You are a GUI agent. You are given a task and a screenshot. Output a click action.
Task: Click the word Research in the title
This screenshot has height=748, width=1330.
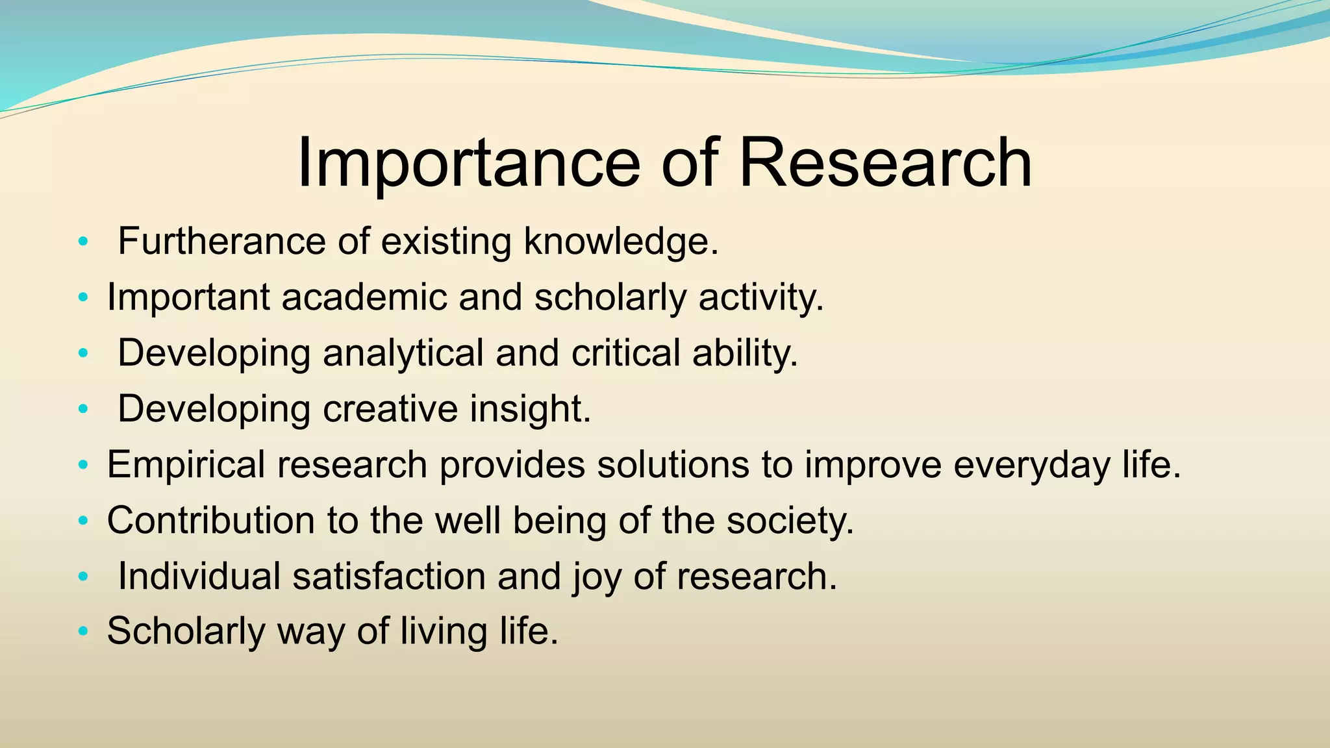click(x=885, y=164)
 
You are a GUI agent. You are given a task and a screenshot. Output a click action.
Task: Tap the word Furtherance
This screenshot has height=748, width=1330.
click(x=221, y=242)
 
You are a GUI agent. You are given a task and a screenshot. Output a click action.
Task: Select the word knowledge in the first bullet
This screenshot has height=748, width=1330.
click(x=621, y=242)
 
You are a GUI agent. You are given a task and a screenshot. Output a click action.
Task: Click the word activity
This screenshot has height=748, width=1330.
click(x=760, y=297)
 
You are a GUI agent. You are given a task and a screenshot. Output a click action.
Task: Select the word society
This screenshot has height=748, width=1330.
click(x=790, y=521)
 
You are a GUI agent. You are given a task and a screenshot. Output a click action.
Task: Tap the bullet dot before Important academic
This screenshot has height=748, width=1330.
click(x=82, y=298)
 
